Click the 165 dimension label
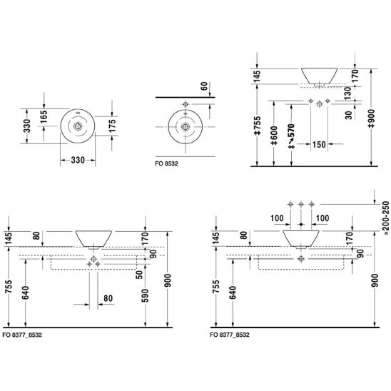click(44, 117)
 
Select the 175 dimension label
click(113, 126)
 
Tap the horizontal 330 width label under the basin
click(78, 160)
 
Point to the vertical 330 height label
click(27, 126)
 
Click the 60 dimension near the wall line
click(204, 86)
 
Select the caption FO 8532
click(166, 164)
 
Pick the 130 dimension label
click(347, 93)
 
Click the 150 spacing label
click(319, 144)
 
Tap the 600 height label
click(274, 136)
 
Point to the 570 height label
click(291, 136)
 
